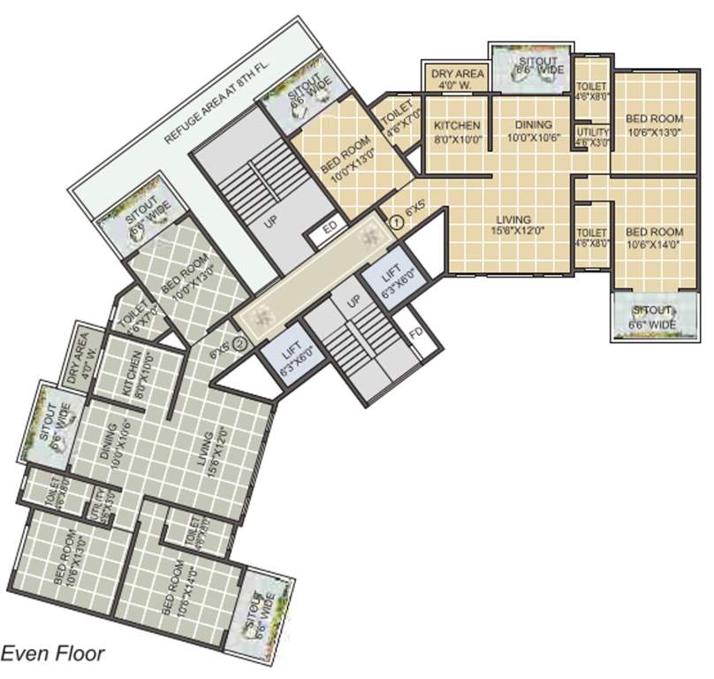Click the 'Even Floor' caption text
click(53, 654)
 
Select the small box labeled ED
click(330, 227)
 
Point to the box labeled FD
click(415, 334)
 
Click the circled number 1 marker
click(396, 223)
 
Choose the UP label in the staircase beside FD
click(353, 303)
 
